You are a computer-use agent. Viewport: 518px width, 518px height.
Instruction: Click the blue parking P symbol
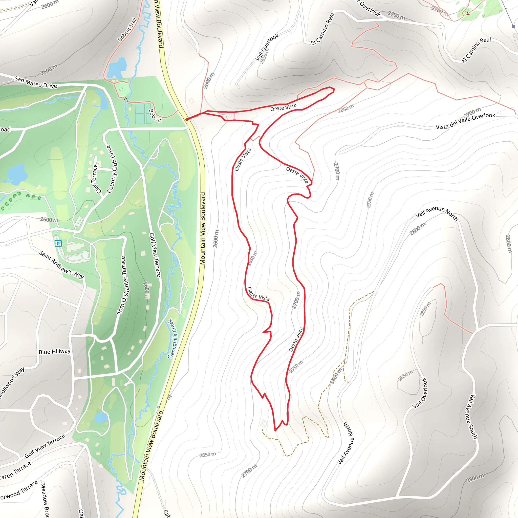[58, 244]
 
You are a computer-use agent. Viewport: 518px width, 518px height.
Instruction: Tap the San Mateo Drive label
[36, 82]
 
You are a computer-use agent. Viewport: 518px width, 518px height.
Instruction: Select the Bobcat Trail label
[127, 30]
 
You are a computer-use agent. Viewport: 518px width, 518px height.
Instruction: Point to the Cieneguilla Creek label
[172, 339]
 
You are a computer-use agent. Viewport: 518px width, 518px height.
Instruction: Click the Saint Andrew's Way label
[61, 265]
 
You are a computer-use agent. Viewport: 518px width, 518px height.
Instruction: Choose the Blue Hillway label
[54, 352]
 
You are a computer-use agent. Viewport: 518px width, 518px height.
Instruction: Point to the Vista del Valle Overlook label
[465, 121]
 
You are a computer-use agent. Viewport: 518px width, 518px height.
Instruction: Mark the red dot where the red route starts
[187, 120]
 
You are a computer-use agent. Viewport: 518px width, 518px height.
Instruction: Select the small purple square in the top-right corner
[513, 27]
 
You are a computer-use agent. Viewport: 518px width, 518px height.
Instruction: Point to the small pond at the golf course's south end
[101, 417]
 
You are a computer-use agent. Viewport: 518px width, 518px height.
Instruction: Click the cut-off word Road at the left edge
[5, 129]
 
